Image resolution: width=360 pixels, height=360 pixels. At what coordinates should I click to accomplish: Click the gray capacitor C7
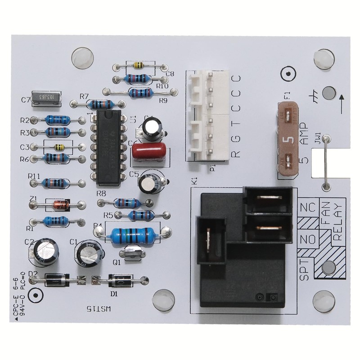(46, 99)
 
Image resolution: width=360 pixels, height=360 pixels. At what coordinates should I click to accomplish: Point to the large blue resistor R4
(133, 233)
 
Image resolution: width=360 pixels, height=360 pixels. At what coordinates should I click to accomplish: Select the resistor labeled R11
(56, 183)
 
